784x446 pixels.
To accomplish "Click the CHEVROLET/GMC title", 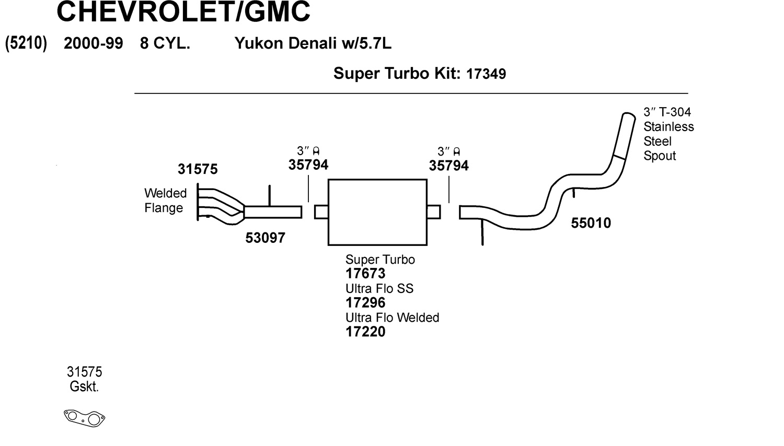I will pyautogui.click(x=183, y=11).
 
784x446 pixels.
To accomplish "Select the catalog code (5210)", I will pyautogui.click(x=26, y=43).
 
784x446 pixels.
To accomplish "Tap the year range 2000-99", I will pyautogui.click(x=93, y=43).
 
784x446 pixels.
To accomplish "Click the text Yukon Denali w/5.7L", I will pyautogui.click(x=313, y=43).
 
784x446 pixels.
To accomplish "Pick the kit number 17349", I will pyautogui.click(x=486, y=74).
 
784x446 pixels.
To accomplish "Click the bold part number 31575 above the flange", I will pyautogui.click(x=198, y=169).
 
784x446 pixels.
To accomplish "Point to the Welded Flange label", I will pyautogui.click(x=165, y=201).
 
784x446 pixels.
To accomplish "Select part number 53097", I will pyautogui.click(x=265, y=238).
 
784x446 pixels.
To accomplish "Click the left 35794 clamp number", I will pyautogui.click(x=308, y=165).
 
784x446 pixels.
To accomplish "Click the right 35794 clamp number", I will pyautogui.click(x=448, y=166).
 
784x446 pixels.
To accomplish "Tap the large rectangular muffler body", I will pyautogui.click(x=377, y=212).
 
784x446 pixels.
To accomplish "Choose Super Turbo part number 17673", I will pyautogui.click(x=365, y=274).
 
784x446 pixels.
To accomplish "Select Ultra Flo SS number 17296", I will pyautogui.click(x=365, y=303).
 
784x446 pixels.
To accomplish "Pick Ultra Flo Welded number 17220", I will pyautogui.click(x=365, y=332).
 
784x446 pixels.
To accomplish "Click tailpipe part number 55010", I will pyautogui.click(x=591, y=223).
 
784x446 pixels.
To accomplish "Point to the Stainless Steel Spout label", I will pyautogui.click(x=668, y=134).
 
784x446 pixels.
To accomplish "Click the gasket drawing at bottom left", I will pyautogui.click(x=85, y=418).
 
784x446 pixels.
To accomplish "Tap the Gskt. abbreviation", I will pyautogui.click(x=84, y=387).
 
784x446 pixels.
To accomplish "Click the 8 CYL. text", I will pyautogui.click(x=165, y=43).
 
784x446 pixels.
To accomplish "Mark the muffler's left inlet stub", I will pyautogui.click(x=321, y=212).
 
